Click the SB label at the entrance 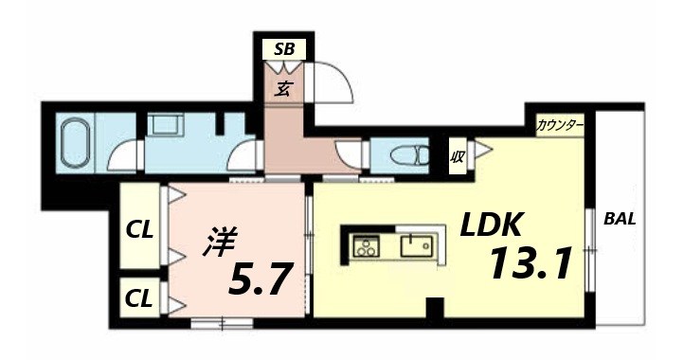(284, 47)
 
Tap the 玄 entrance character (283, 89)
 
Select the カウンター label (559, 125)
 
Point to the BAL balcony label (620, 220)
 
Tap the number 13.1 (530, 264)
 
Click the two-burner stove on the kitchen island (365, 248)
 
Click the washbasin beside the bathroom (171, 125)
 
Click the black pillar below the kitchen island (434, 307)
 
